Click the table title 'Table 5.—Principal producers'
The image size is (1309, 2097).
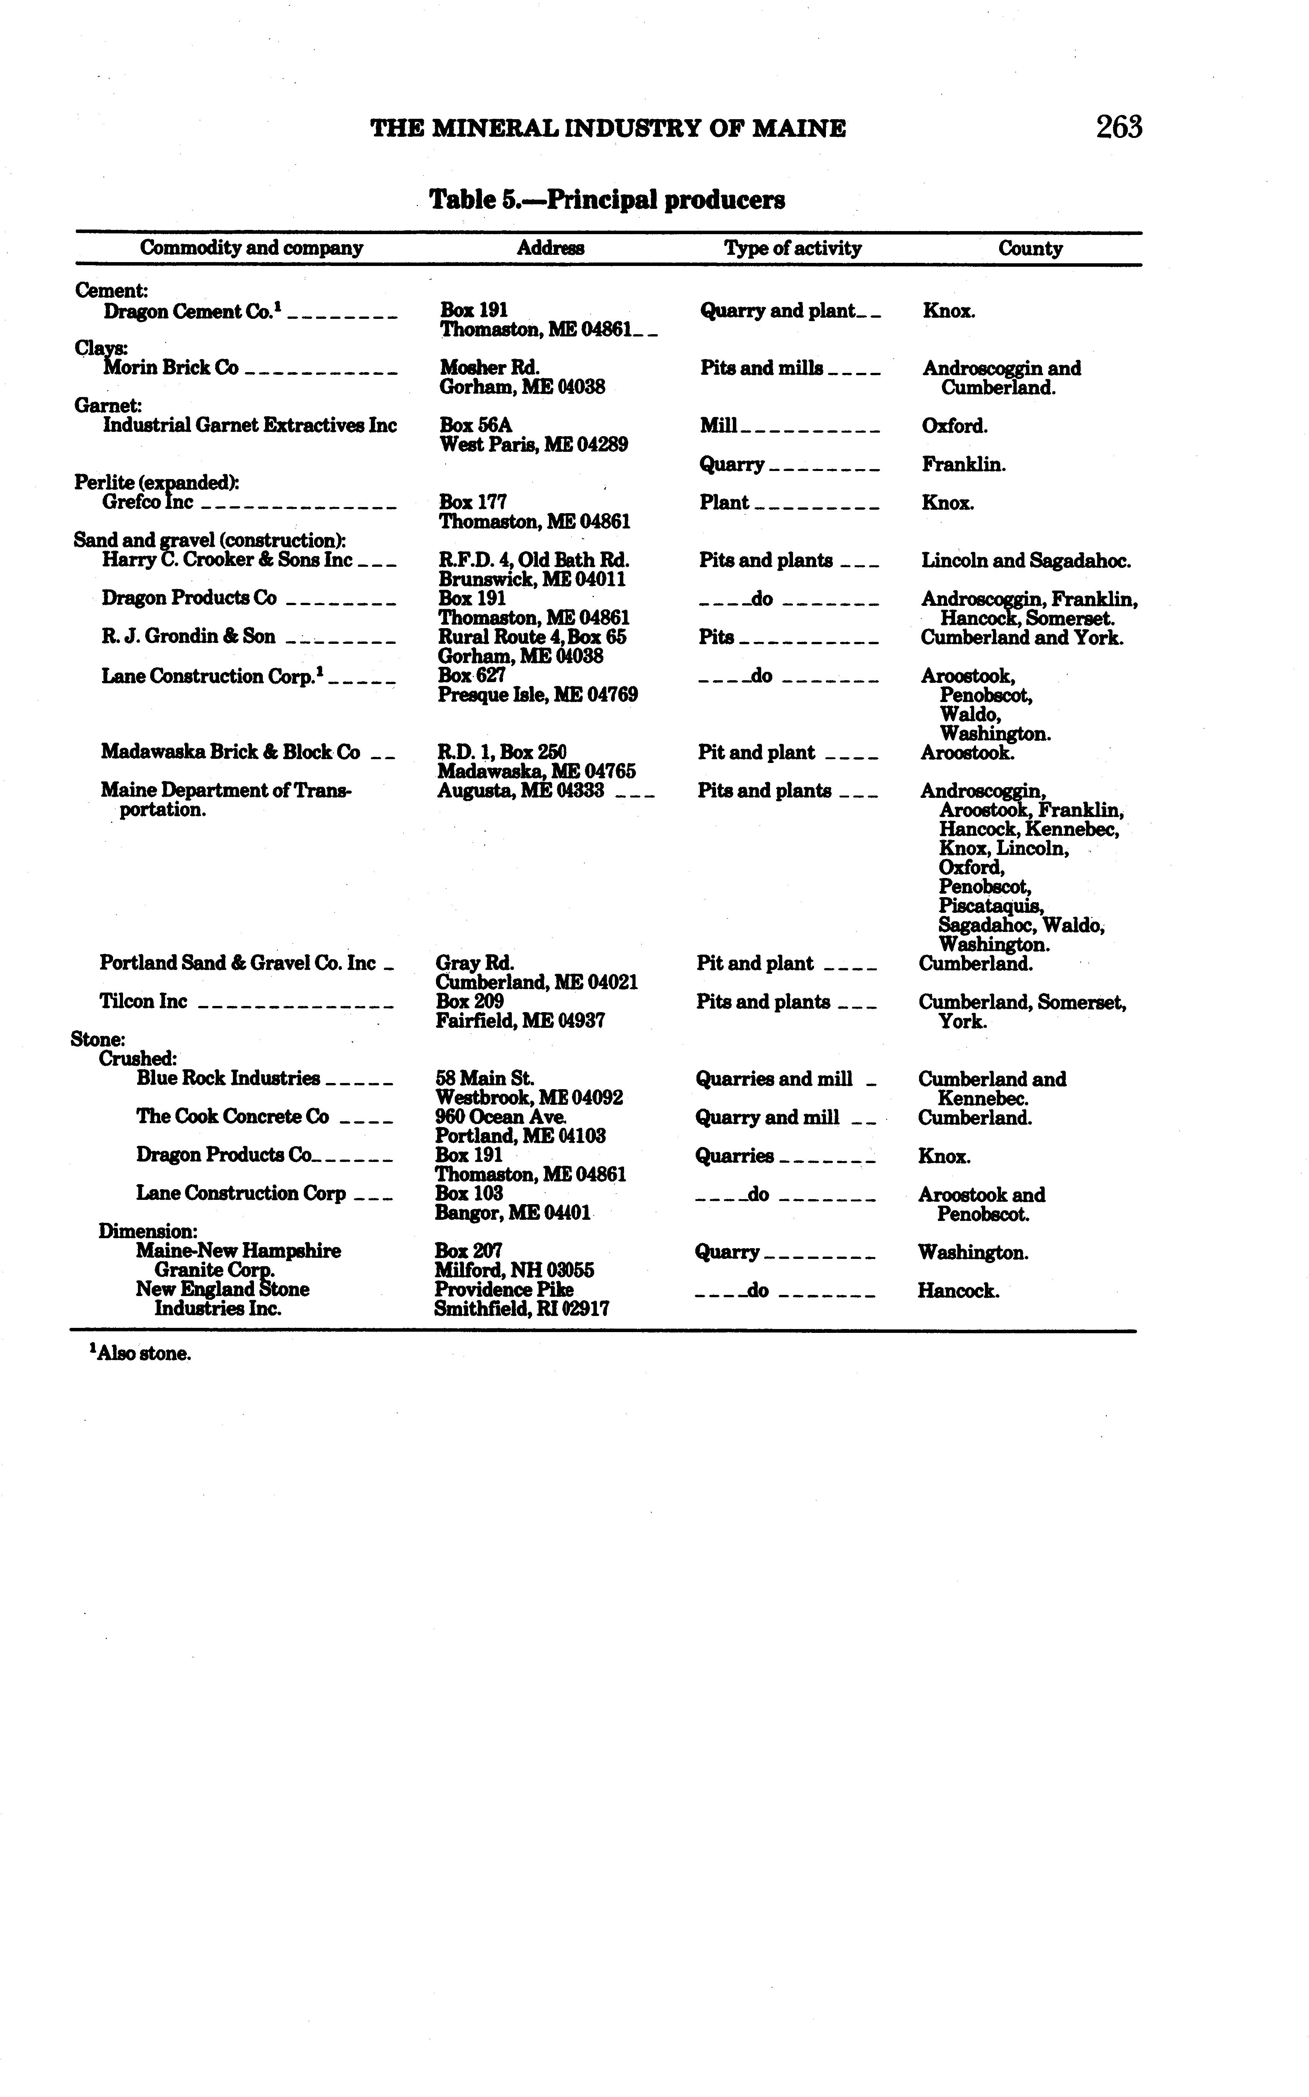pyautogui.click(x=607, y=200)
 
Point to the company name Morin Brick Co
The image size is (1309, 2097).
pyautogui.click(x=170, y=368)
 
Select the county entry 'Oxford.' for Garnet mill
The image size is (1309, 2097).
pyautogui.click(x=954, y=426)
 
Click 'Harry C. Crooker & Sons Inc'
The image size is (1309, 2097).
pyautogui.click(x=227, y=560)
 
